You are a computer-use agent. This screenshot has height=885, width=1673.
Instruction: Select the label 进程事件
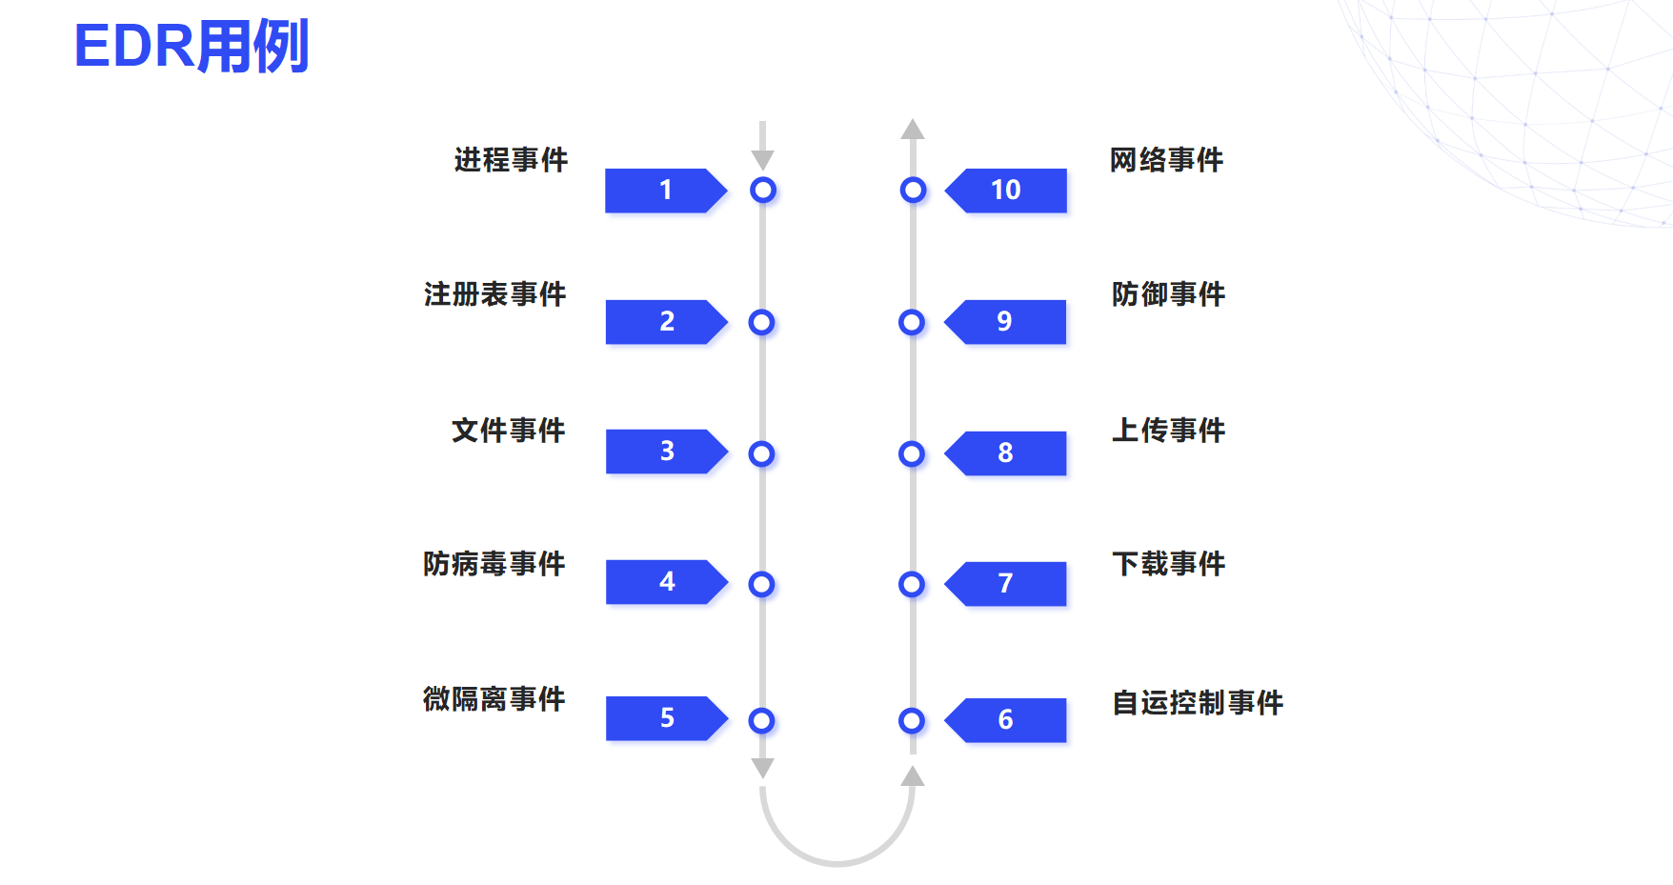[x=511, y=159]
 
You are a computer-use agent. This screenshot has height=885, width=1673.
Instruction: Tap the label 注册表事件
[x=494, y=293]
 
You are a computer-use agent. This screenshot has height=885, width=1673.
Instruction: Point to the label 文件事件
[x=508, y=430]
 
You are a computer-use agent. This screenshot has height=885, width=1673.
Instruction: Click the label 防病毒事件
[x=494, y=564]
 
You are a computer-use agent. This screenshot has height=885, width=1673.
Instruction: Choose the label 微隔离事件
[x=494, y=699]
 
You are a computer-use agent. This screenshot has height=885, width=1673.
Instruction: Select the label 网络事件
[x=1166, y=159]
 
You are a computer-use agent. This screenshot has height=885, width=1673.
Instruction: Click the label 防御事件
[x=1168, y=293]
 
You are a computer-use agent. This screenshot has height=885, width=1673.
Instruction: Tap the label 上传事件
[x=1168, y=430]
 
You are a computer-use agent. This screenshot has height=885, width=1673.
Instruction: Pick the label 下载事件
[x=1168, y=564]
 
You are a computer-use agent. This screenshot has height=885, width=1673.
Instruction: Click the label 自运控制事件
[x=1198, y=702]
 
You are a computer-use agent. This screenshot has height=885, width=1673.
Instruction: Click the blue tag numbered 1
[x=665, y=191]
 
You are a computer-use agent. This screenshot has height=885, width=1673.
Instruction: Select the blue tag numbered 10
[x=1006, y=191]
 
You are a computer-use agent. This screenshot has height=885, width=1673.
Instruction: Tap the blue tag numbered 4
[x=666, y=582]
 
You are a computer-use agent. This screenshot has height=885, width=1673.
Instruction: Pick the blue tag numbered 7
[x=1006, y=584]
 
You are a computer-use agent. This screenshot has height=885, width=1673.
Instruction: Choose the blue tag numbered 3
[x=666, y=452]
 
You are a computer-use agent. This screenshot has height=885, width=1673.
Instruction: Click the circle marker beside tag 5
[x=761, y=720]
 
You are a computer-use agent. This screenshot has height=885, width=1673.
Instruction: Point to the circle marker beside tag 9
[x=912, y=322]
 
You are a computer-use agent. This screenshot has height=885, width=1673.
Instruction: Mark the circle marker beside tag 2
[x=761, y=322]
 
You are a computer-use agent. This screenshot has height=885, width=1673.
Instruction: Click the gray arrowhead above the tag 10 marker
[x=913, y=130]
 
